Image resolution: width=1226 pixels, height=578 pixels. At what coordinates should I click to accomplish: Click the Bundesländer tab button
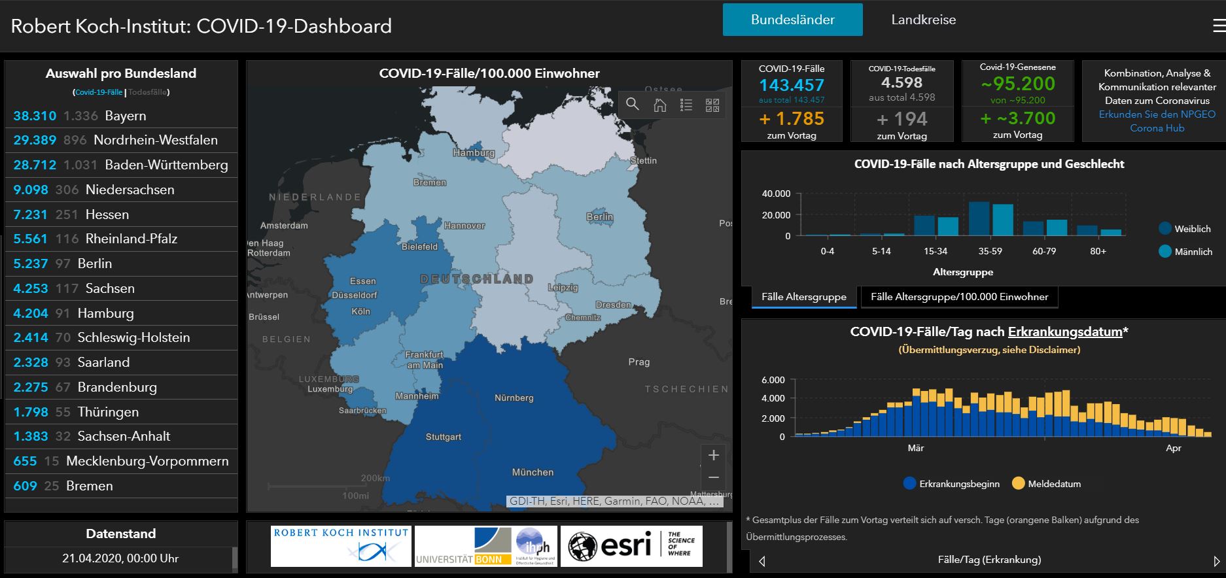[x=792, y=20]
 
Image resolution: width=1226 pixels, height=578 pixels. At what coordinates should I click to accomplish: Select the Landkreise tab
[x=923, y=20]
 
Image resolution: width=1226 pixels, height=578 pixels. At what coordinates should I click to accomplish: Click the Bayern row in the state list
[x=121, y=116]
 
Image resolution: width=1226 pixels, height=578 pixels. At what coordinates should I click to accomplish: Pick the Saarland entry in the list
[x=121, y=362]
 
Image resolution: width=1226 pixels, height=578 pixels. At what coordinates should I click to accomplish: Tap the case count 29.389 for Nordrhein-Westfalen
[x=35, y=140]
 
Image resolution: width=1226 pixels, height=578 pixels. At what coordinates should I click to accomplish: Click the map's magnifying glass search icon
[x=632, y=105]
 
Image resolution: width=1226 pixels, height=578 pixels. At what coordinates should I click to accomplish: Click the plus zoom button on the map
[x=713, y=455]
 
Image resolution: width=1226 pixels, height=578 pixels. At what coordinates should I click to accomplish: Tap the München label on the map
[x=533, y=472]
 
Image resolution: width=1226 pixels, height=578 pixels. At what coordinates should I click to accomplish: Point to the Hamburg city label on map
[x=474, y=152]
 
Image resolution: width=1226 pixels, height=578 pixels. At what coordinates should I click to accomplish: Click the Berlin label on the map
[x=599, y=216]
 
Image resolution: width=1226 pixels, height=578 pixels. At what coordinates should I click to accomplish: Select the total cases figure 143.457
[x=791, y=85]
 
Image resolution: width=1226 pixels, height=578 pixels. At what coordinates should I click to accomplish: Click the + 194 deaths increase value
[x=902, y=119]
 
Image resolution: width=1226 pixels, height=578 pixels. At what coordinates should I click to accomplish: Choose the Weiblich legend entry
[x=1185, y=229]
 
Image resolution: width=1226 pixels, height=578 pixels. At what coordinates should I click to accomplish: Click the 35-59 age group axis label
[x=990, y=251]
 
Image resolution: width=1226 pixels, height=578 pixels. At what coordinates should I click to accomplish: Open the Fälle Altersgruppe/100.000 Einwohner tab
[x=959, y=297]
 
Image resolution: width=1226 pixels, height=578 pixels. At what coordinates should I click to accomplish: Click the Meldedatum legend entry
[x=1046, y=484]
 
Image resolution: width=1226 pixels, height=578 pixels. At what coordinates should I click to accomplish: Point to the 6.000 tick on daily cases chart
[x=773, y=380]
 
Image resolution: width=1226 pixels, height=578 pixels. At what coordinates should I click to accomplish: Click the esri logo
[x=631, y=545]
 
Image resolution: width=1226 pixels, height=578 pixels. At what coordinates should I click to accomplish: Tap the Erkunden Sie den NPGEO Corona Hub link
[x=1157, y=121]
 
